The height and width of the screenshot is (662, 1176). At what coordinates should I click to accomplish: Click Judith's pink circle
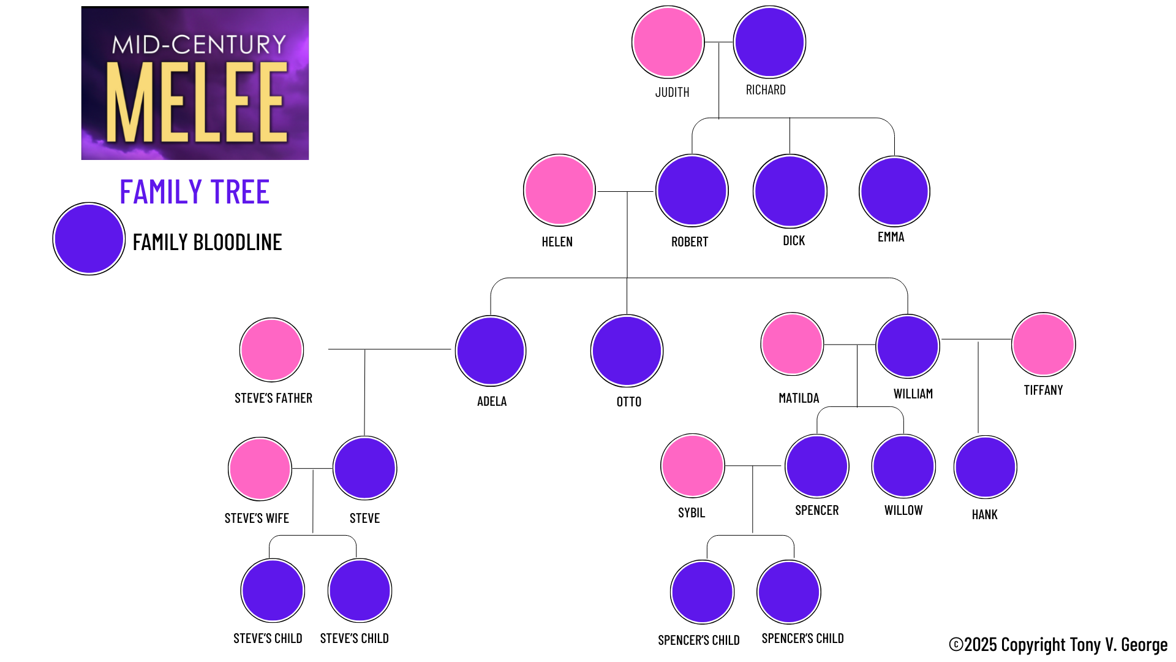[668, 42]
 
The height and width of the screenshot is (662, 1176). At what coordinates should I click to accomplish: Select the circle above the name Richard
[769, 42]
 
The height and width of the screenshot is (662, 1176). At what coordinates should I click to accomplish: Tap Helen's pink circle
[559, 190]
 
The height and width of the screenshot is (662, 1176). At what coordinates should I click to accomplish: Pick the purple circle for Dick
[790, 191]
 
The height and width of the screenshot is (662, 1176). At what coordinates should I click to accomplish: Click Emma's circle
[894, 191]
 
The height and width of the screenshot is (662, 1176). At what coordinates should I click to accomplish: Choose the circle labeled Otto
[627, 351]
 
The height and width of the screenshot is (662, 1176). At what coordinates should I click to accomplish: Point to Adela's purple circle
[491, 351]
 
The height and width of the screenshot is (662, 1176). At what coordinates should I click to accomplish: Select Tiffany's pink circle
[1043, 344]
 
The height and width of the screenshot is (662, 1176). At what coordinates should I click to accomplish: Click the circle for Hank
[985, 467]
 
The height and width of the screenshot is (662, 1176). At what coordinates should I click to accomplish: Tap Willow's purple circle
[903, 466]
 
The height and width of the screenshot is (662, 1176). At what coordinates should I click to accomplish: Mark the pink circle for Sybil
[693, 466]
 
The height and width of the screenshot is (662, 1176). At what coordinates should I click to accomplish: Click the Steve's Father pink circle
[271, 349]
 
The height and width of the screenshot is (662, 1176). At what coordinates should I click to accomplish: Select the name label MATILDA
[799, 398]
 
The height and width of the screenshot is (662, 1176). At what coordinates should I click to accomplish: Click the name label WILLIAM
[913, 394]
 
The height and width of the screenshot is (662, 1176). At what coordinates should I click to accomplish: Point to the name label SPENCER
[816, 511]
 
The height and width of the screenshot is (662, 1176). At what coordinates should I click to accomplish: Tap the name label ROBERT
[690, 242]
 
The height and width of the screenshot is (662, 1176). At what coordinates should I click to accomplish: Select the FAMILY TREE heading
[194, 192]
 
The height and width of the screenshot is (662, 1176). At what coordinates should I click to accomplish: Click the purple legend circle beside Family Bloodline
[89, 239]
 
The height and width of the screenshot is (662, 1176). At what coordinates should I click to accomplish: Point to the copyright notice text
[1058, 645]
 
